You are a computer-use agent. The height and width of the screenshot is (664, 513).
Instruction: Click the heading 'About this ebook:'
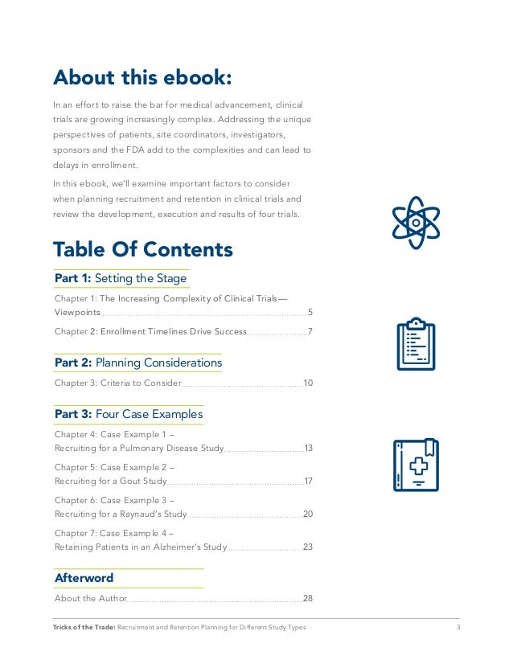[142, 77]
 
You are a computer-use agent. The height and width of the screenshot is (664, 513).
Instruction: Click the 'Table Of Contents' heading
[142, 249]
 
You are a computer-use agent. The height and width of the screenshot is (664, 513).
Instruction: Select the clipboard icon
[416, 344]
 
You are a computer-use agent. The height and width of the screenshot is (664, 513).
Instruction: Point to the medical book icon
[416, 465]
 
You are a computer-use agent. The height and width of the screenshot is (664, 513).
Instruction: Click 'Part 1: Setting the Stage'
[121, 279]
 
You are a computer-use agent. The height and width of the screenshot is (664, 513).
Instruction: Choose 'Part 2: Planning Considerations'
[137, 363]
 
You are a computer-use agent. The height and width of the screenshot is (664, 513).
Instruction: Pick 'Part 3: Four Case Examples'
[129, 415]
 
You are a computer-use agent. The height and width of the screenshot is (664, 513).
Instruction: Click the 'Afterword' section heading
[84, 578]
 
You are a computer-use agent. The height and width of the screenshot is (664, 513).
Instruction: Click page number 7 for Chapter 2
[310, 331]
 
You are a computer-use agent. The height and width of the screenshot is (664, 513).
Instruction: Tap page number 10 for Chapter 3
[307, 383]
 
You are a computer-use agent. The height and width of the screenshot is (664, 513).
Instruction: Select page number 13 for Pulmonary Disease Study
[308, 448]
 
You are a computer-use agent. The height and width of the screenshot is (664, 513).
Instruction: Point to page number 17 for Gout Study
[308, 481]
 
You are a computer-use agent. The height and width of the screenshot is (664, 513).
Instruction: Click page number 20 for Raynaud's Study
[307, 514]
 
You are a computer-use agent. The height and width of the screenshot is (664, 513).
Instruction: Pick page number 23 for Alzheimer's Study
[307, 547]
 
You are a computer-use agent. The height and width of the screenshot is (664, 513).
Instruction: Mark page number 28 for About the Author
[307, 598]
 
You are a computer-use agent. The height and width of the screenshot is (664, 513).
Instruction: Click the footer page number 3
[458, 627]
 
